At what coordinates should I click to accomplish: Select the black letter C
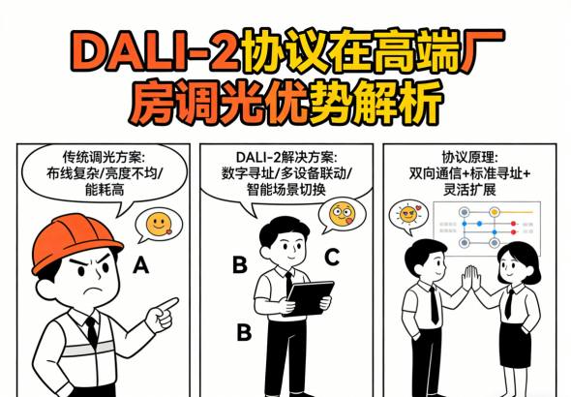click(332, 258)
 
